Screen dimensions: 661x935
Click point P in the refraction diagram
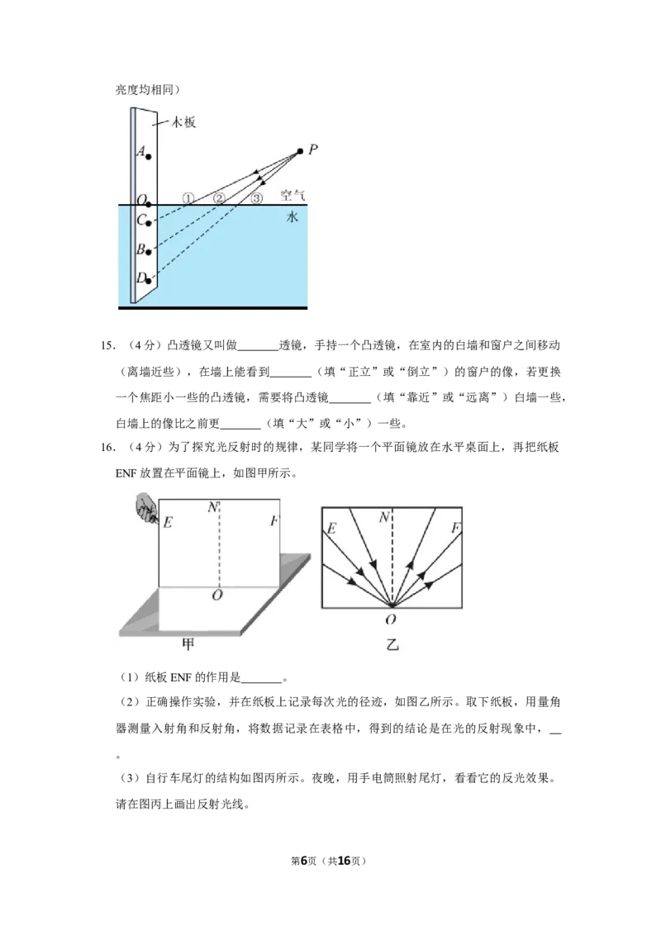tap(300, 151)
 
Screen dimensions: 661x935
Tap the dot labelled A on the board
tap(148, 157)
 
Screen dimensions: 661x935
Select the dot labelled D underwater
tap(148, 280)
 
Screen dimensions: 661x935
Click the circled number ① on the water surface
tap(188, 198)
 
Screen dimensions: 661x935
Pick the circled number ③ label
tap(256, 198)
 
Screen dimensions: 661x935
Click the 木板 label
tap(183, 122)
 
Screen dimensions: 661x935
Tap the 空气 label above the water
tap(292, 195)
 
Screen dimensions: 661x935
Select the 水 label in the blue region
tap(292, 217)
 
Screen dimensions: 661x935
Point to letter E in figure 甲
tap(168, 522)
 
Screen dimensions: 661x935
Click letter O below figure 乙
tap(391, 619)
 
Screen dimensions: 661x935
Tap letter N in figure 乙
tap(385, 518)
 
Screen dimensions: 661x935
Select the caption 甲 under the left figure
tap(188, 644)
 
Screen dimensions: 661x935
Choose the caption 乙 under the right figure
tap(392, 644)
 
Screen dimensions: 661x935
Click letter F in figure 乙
tap(455, 528)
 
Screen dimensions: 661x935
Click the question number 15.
tap(107, 345)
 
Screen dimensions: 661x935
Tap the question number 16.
tap(107, 447)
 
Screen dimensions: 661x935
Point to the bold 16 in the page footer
tap(345, 861)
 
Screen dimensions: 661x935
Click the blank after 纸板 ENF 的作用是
tap(261, 679)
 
